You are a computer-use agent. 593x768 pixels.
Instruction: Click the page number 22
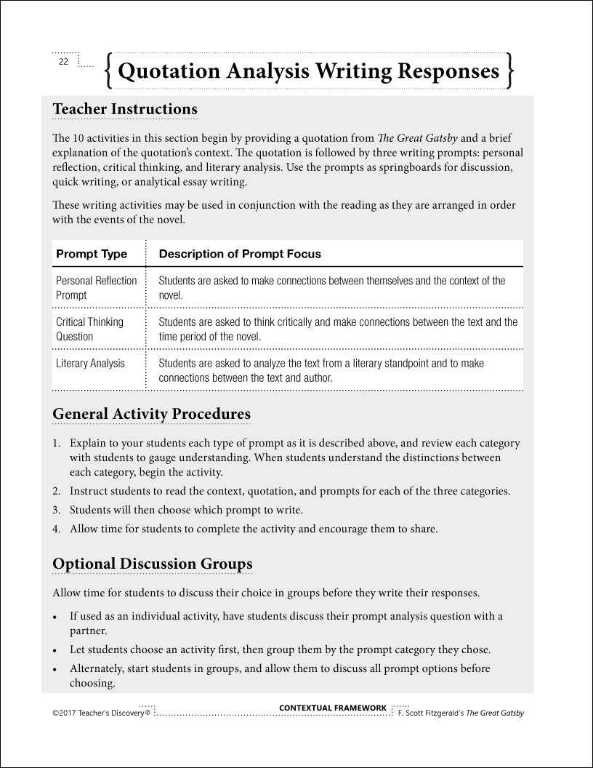tap(63, 62)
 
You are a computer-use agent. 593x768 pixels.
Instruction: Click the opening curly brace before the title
tap(108, 71)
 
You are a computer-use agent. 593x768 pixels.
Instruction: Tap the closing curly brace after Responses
tap(511, 71)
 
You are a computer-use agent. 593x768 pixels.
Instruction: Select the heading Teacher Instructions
tap(124, 109)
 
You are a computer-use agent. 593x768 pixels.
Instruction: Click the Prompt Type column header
tap(92, 254)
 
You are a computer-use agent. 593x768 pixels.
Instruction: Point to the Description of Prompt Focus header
tap(240, 254)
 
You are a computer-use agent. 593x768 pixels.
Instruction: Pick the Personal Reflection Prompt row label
tap(96, 288)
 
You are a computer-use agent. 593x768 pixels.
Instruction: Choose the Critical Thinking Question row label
tap(89, 329)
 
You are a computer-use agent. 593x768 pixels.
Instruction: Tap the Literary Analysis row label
tap(90, 364)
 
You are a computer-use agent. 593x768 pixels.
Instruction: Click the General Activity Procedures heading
tap(151, 414)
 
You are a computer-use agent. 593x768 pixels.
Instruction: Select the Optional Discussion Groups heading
tap(153, 564)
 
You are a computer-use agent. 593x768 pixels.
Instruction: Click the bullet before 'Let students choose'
tap(56, 650)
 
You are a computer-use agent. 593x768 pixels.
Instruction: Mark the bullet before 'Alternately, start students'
tap(56, 669)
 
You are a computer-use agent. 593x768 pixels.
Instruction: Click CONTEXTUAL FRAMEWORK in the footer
tap(333, 708)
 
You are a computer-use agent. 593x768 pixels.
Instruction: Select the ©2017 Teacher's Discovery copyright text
tap(101, 713)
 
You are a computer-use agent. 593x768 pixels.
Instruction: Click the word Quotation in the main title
tap(169, 71)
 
